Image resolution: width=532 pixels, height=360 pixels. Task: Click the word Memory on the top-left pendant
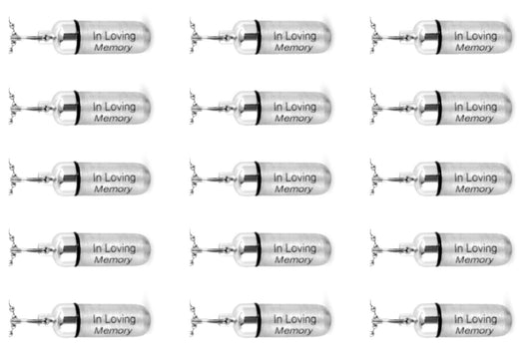tap(113, 47)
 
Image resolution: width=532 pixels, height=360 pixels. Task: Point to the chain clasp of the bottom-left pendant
tap(20, 321)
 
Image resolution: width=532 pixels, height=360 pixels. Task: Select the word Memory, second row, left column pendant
tap(113, 118)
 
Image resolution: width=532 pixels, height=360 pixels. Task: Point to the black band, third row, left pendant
tap(76, 178)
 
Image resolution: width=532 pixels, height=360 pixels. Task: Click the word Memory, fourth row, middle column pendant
tap(292, 259)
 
